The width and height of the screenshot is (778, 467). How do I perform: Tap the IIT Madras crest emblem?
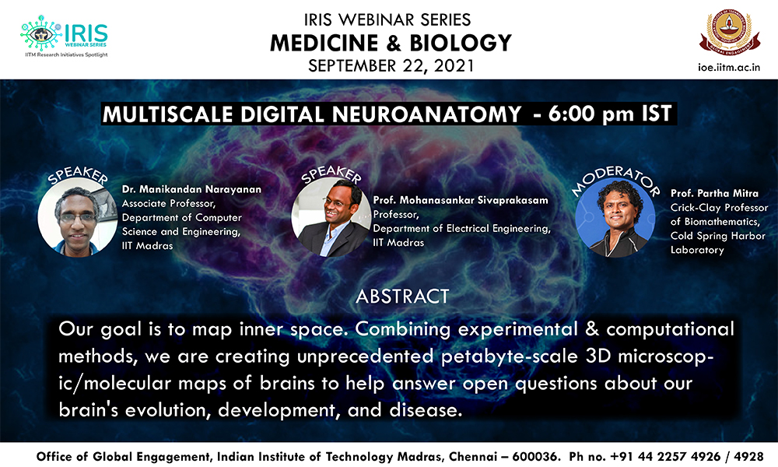point(730,32)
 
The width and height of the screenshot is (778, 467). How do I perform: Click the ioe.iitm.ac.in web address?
point(729,68)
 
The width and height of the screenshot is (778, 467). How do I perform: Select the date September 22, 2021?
point(391,66)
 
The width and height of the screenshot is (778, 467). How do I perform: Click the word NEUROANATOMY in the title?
point(426,114)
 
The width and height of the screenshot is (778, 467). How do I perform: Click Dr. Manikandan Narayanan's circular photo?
point(77,217)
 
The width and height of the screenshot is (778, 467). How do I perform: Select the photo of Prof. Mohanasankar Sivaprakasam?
point(331,217)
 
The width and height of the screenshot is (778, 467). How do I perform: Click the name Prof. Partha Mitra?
point(714,194)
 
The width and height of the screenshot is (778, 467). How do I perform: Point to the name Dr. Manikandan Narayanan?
point(191,189)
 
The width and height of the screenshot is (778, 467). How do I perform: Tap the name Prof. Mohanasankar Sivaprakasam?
point(461,200)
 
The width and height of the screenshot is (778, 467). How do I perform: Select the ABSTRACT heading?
point(402,297)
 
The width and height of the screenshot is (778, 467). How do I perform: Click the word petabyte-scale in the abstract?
point(509,356)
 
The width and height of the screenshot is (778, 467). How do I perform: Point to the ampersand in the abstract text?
point(592,329)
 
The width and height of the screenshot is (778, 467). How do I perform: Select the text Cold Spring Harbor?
point(718,236)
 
